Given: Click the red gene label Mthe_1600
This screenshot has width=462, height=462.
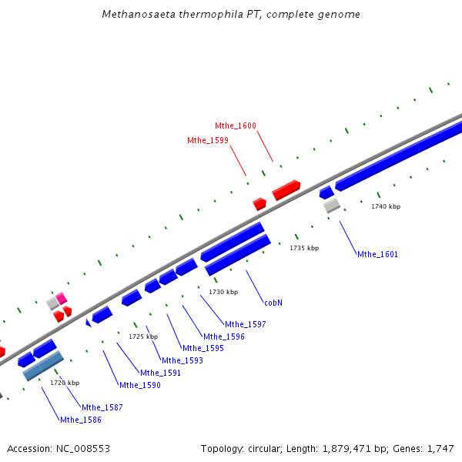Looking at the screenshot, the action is point(236,126).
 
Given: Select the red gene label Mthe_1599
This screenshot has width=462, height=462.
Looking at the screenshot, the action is point(207,140).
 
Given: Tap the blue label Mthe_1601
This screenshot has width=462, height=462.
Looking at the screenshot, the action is point(377,254).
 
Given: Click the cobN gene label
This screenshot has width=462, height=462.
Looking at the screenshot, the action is point(273,303).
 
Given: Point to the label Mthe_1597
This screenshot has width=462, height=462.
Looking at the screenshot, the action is point(245,324).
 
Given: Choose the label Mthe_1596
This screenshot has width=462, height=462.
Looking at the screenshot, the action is point(224,336).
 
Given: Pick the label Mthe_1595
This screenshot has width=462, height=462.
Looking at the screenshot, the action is point(203,348).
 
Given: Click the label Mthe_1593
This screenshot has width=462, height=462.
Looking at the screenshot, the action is point(182,360).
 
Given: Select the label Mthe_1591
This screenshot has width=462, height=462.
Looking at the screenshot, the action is point(160,373).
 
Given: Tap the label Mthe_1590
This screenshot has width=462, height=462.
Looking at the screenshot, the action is point(139,385).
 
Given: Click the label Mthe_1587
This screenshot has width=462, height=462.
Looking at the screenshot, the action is point(102,407).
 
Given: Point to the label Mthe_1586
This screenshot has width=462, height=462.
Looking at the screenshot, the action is point(80,420).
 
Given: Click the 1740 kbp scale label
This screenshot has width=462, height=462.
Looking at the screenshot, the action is point(386,206).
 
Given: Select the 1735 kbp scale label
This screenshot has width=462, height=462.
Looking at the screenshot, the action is point(304,248).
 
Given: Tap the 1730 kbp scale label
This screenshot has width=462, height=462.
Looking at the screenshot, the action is point(223,292).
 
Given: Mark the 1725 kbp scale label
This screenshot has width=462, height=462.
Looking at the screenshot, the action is point(143,336).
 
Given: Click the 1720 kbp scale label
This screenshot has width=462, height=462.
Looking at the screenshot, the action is point(65,382).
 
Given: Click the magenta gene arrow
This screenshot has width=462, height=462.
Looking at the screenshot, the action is point(62,297).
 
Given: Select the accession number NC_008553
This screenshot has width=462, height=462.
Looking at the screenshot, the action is point(83,448).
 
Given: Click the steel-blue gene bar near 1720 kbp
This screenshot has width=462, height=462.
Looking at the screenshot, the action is point(43,366).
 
